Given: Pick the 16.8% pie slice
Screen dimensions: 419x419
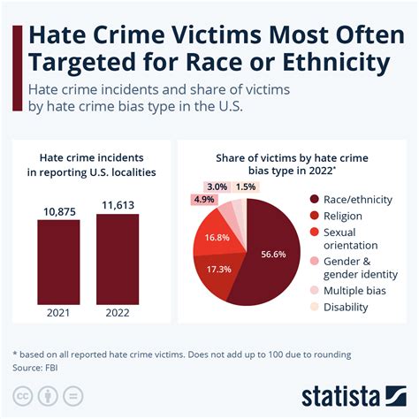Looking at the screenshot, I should coord(218,237).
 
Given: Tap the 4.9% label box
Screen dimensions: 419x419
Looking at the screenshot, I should coord(205,199).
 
